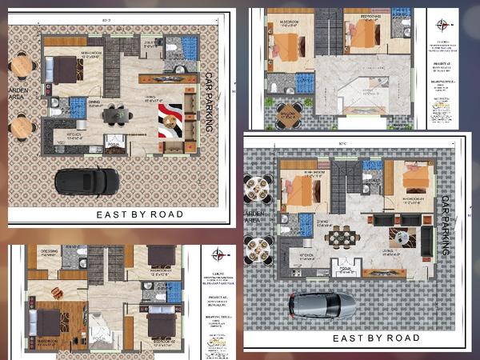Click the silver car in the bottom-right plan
[322, 304]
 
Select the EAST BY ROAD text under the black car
[139, 214]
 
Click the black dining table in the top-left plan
[118, 115]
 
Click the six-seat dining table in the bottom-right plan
[342, 235]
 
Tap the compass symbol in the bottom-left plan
[217, 254]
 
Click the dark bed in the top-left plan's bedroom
[62, 70]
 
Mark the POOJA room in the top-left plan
[114, 146]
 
